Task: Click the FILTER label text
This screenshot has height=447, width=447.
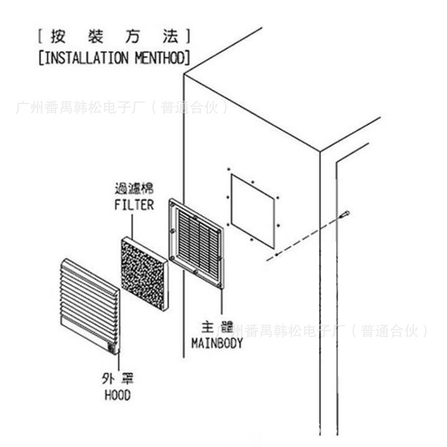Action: (134, 205)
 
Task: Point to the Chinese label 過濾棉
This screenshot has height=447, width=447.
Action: (134, 189)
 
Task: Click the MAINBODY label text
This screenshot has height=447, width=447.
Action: (217, 343)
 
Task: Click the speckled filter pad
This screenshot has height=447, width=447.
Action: (144, 274)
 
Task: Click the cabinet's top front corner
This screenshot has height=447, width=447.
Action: (185, 75)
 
